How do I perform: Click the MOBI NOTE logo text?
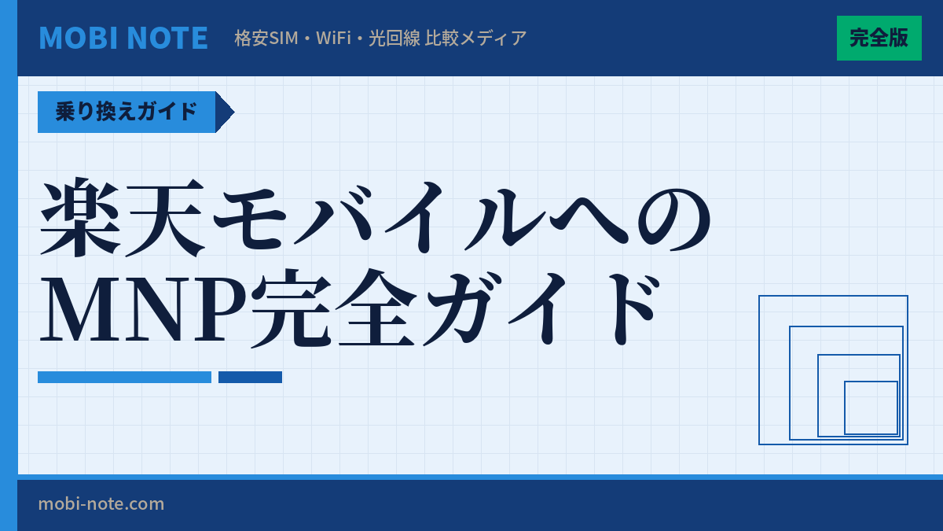[x=123, y=38]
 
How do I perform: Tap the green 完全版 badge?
[x=879, y=38]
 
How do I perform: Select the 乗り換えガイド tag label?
[x=126, y=112]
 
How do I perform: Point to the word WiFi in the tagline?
[x=333, y=38]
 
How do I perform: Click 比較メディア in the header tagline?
[x=475, y=38]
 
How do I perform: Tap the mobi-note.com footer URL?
[x=101, y=503]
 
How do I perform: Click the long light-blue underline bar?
[x=124, y=377]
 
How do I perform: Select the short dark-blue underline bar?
[x=250, y=377]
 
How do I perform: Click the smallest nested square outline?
[x=871, y=407]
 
